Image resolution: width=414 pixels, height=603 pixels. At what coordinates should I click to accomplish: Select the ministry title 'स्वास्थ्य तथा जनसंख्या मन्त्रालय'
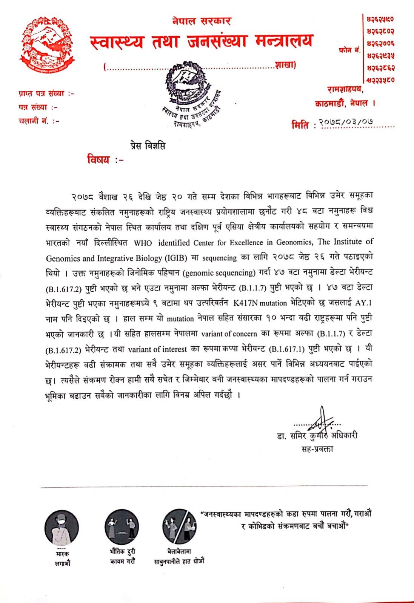202,41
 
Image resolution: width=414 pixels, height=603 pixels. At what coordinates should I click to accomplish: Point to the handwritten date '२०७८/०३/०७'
346,122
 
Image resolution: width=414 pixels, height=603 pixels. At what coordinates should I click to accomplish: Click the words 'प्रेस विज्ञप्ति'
145,146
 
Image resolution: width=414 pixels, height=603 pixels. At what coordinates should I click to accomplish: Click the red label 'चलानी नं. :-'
39,121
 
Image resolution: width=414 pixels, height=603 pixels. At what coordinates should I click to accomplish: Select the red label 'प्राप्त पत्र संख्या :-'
46,93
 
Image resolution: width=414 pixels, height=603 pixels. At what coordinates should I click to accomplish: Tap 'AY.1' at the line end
364,303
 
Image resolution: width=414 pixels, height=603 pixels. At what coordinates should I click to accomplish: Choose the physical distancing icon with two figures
122,526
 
